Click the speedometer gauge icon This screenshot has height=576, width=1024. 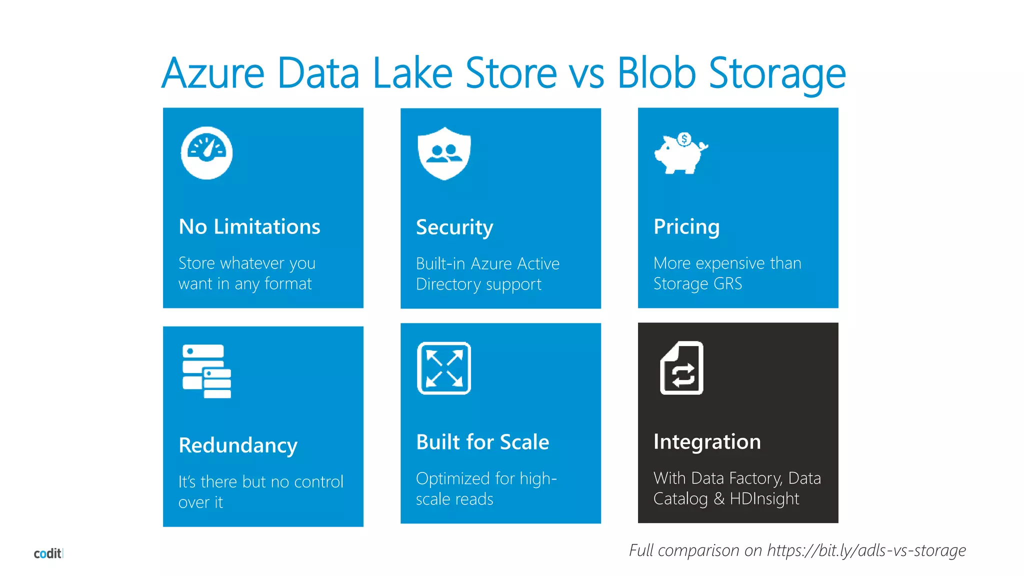pos(206,153)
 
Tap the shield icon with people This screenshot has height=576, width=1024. pos(444,153)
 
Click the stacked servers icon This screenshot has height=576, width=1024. pos(206,371)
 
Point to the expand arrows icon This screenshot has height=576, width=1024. pos(444,368)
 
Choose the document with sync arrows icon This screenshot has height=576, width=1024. pos(681,368)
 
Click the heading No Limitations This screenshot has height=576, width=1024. pos(249,227)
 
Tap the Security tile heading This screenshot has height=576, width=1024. pos(454,227)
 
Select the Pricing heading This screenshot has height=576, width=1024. pos(686,227)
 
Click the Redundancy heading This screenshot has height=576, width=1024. pos(238,445)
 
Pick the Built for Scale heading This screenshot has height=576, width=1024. pos(482,442)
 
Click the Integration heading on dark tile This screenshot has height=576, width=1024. pos(707,442)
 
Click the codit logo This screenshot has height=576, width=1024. pos(48,553)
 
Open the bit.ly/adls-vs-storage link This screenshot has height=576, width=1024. pos(866,550)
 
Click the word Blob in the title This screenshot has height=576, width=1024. pos(656,73)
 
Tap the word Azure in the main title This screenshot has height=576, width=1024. pos(213,73)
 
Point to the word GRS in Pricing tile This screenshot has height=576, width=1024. pos(727,284)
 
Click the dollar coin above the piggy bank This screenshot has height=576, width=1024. pos(684,139)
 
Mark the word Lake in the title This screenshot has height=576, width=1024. pos(412,73)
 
